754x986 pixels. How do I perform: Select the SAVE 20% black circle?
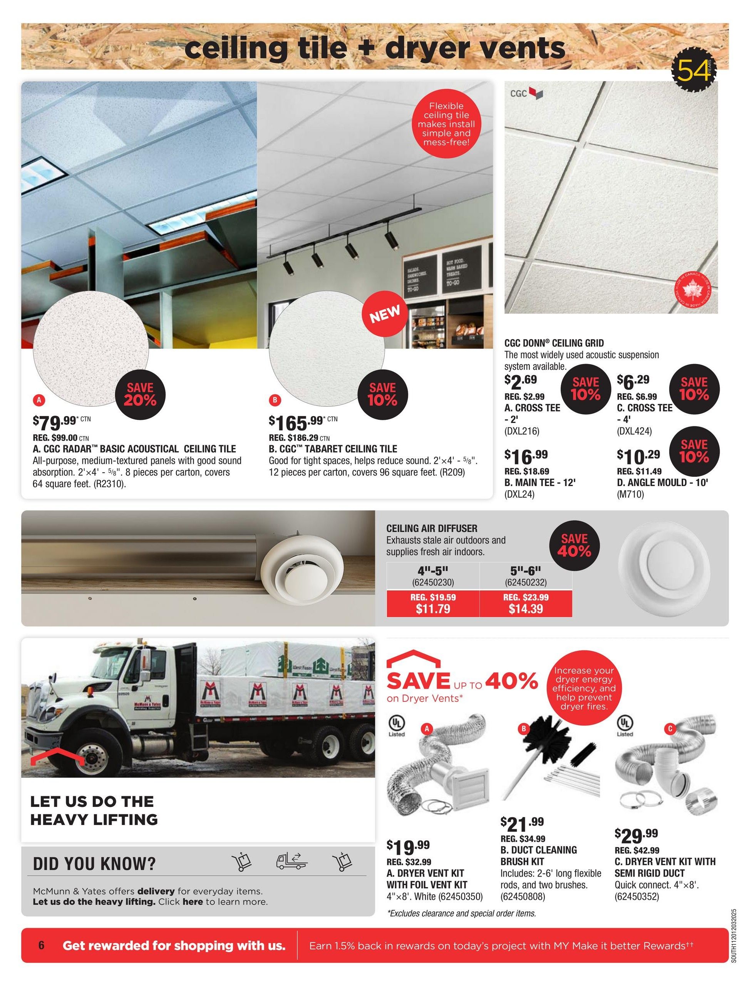point(140,394)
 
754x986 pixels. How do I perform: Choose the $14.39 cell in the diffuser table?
point(526,609)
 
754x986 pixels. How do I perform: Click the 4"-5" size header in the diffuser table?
point(433,571)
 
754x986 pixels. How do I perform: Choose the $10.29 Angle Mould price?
point(638,456)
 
